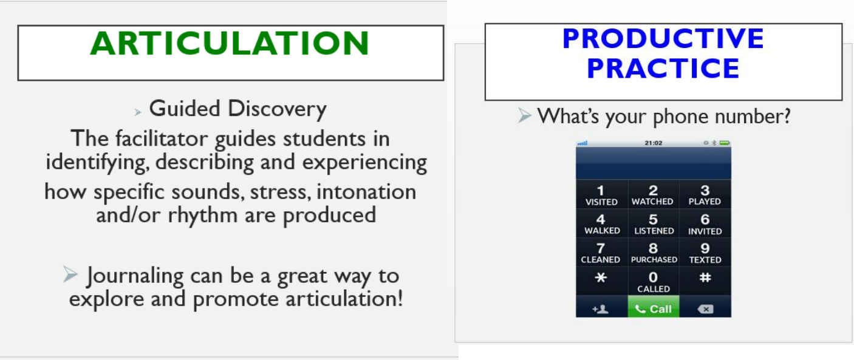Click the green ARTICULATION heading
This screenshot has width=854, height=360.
point(230,43)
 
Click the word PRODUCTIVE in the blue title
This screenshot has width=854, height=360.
point(663,38)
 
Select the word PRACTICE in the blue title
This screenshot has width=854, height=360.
point(663,68)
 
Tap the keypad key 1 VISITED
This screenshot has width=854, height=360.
point(601,194)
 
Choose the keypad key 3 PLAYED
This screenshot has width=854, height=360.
point(705,194)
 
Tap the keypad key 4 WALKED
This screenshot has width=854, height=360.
point(601,223)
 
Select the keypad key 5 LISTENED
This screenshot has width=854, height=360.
point(654,223)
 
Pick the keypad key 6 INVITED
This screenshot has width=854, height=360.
point(705,223)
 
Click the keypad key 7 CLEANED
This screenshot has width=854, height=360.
point(601,253)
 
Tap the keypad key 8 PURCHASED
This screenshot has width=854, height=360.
point(654,253)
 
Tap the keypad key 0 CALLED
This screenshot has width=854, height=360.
point(654,282)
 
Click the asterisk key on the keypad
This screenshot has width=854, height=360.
point(601,282)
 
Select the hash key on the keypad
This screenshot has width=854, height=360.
point(705,282)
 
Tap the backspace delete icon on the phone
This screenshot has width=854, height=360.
point(705,309)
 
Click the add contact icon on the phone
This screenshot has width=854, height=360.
point(601,309)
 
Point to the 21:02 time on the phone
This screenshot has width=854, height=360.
point(653,143)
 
